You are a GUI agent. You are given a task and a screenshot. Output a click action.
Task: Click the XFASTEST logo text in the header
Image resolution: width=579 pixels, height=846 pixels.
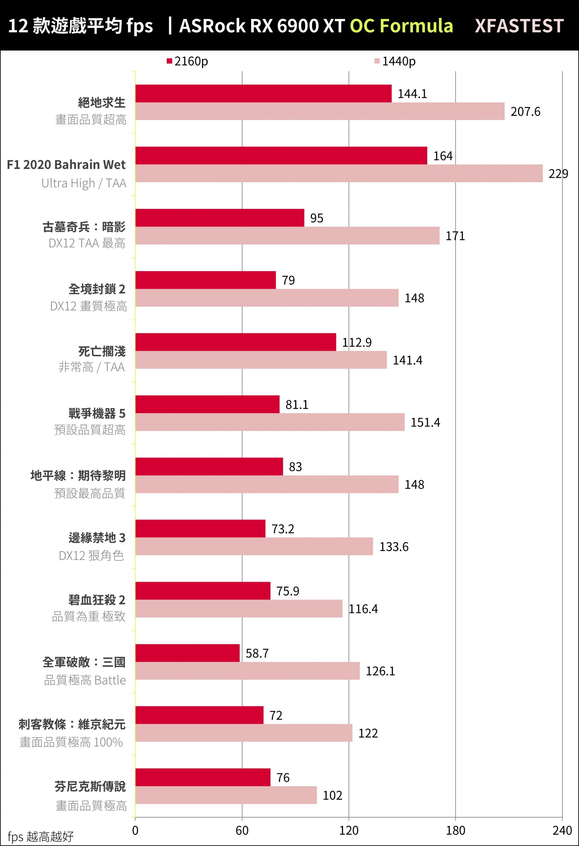(519, 26)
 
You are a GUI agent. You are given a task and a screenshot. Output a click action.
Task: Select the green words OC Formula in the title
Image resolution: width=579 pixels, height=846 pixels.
(401, 26)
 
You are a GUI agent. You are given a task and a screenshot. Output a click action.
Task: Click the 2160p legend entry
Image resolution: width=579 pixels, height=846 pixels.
(187, 61)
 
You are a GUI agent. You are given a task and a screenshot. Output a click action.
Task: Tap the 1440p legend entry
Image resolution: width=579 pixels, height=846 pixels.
(395, 61)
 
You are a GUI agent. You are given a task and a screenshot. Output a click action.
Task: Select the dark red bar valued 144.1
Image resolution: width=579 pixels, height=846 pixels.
(263, 94)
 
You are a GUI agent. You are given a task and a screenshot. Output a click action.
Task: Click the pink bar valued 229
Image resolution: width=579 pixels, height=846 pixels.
(339, 173)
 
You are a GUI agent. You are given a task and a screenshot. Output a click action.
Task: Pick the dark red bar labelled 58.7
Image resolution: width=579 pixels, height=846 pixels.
(187, 653)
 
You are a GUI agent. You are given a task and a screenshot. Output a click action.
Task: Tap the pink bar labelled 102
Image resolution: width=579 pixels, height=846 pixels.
(226, 795)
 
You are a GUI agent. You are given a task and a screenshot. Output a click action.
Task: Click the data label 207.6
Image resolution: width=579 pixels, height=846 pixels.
(525, 111)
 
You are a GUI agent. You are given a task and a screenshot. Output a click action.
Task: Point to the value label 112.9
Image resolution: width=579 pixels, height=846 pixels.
(357, 342)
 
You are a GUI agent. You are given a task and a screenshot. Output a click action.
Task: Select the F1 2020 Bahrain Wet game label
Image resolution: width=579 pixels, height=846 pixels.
(66, 165)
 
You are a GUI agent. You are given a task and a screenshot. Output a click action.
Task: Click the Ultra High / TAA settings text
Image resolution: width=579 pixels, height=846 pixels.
(84, 183)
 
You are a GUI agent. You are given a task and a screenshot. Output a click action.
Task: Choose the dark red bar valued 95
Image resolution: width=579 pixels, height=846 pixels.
(219, 218)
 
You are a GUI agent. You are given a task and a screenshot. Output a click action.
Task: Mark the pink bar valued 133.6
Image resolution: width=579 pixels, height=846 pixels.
(254, 546)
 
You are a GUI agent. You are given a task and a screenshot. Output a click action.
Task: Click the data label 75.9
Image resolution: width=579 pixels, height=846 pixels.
(287, 591)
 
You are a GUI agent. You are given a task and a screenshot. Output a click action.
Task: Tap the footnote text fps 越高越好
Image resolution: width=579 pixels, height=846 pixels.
(40, 836)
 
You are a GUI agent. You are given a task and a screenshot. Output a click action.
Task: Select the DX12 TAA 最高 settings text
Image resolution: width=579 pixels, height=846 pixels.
(87, 243)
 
